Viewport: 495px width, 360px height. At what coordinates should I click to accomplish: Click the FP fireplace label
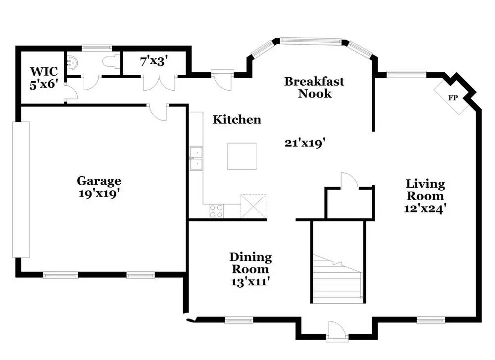(x=453, y=98)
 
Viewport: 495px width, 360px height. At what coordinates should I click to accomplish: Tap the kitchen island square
(x=242, y=156)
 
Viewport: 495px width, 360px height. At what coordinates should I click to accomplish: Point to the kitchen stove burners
(x=216, y=211)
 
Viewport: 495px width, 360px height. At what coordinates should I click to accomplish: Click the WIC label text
(x=44, y=71)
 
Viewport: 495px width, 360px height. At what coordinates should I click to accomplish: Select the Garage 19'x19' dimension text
(x=99, y=193)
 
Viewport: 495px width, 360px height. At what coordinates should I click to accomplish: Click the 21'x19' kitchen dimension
(x=305, y=143)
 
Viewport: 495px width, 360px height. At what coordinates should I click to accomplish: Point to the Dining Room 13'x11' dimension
(x=250, y=281)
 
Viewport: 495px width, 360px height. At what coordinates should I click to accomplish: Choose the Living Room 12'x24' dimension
(x=425, y=208)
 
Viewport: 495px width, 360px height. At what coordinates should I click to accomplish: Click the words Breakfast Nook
(x=314, y=88)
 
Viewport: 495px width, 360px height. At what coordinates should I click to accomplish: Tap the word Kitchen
(x=237, y=120)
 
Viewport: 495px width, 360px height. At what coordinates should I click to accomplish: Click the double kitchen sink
(x=196, y=158)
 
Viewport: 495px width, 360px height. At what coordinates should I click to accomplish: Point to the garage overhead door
(x=21, y=190)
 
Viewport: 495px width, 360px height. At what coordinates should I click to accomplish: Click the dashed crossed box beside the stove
(x=253, y=206)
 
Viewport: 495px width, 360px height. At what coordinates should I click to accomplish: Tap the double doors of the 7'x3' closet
(x=159, y=82)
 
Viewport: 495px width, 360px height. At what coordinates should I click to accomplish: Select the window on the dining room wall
(x=239, y=320)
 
